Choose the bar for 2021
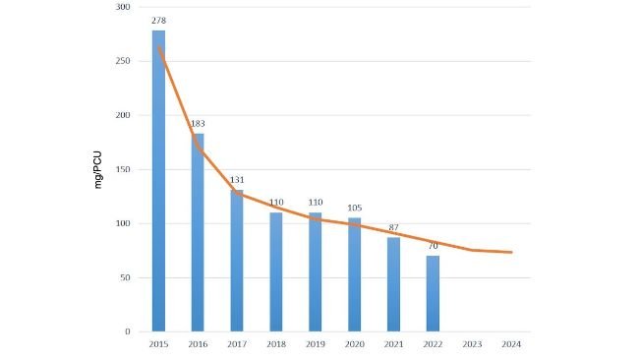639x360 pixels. [393, 284]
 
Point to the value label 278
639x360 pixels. [158, 20]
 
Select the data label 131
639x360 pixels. [237, 179]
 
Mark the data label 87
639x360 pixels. [393, 227]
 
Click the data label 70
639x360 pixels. [433, 245]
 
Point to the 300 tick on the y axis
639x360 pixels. [124, 7]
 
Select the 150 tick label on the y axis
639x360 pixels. [124, 169]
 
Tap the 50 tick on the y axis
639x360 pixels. [127, 277]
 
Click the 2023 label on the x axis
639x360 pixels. [472, 344]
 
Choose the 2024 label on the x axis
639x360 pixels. [511, 344]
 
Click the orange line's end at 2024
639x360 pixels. [511, 252]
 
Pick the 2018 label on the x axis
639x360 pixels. [276, 344]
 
